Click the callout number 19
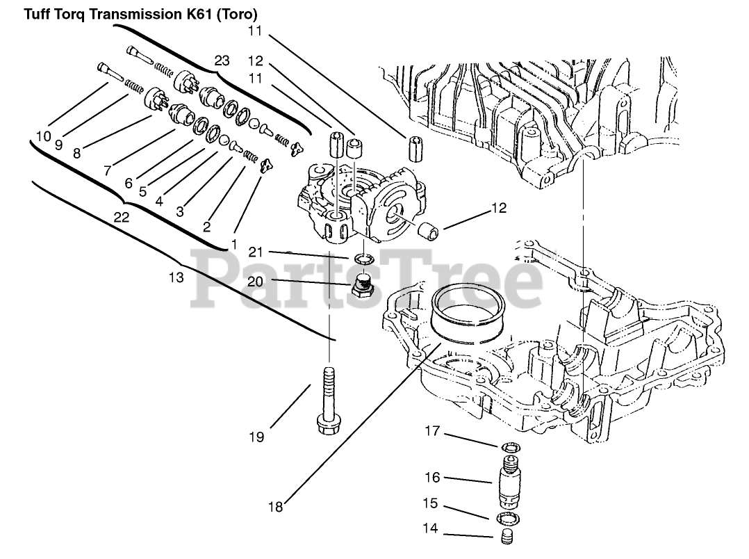256,437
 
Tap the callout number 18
275,507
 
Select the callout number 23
222,60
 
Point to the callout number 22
122,218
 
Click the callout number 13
176,277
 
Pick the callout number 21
256,251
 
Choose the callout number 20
256,281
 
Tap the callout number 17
432,431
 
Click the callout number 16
432,478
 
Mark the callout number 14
431,528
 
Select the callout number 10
43,136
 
